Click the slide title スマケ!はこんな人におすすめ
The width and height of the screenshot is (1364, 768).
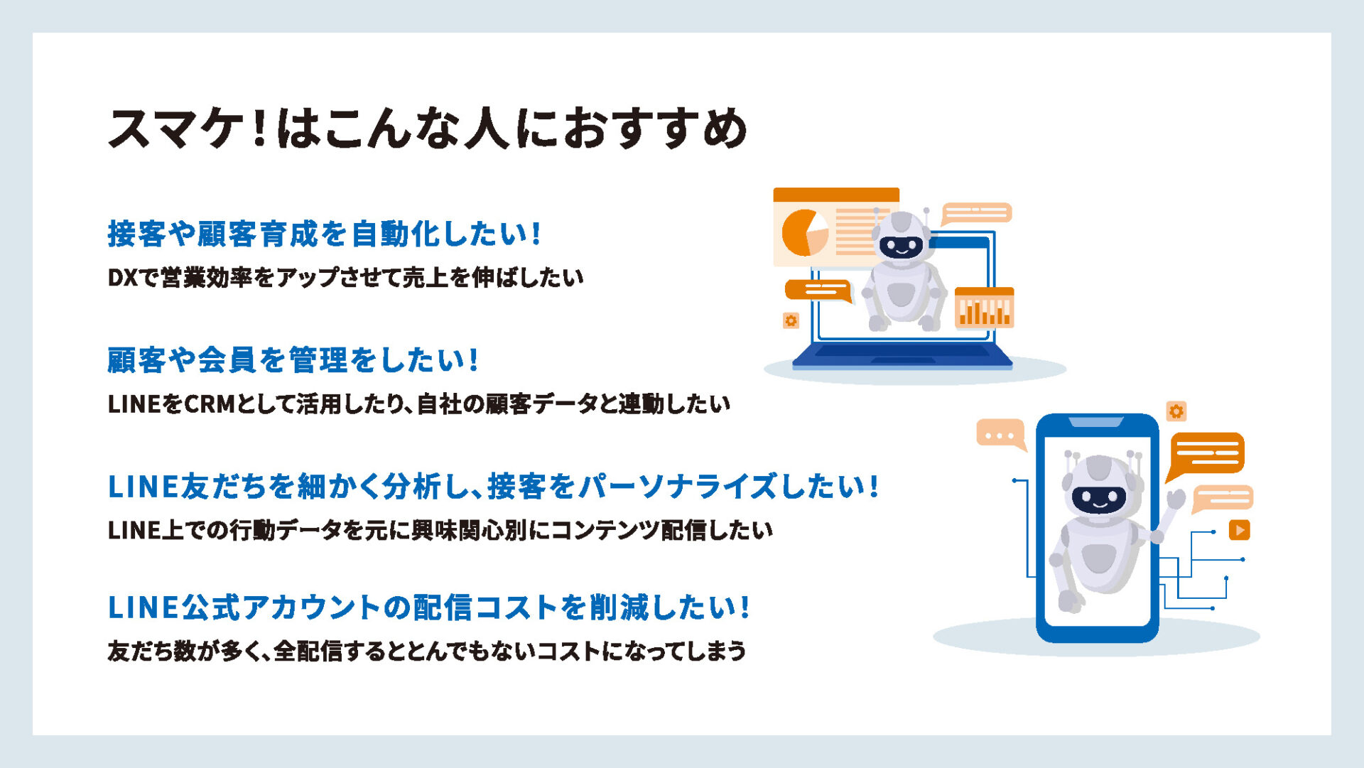427,129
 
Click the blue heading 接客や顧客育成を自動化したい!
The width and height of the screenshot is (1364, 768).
325,234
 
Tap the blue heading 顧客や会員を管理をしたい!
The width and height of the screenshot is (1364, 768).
293,359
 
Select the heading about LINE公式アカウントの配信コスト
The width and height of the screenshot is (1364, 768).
428,607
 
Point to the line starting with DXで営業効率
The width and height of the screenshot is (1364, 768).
345,277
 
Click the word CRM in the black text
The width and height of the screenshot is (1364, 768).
210,404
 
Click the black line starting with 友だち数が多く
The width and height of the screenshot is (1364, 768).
426,651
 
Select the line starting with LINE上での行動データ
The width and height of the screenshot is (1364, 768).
440,530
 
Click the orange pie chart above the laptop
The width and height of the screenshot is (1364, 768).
804,232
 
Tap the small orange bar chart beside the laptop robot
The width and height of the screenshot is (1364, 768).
984,308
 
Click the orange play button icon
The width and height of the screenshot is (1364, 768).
1239,530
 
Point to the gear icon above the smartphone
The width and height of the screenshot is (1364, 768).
1176,411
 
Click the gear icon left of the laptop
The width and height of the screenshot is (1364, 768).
791,320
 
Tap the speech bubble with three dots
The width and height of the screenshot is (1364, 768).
1001,434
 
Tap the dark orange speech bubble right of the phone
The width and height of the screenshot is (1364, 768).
1206,455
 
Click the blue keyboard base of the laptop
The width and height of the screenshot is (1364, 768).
902,357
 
